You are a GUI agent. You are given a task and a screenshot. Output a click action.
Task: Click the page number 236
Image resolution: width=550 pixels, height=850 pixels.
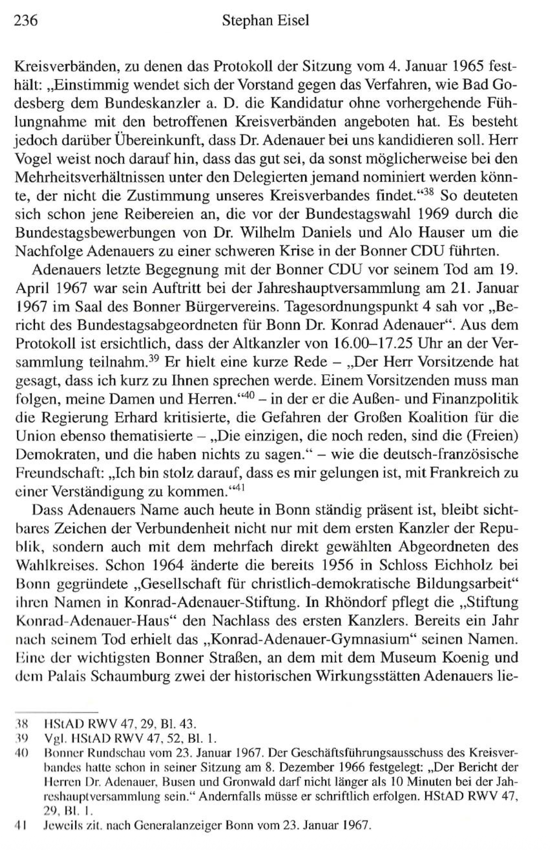26,21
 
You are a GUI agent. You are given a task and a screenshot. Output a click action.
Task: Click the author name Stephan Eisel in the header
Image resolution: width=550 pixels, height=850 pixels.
266,21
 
